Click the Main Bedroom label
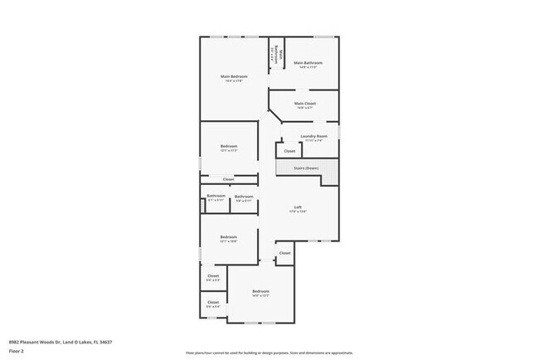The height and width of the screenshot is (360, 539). (x=231, y=76)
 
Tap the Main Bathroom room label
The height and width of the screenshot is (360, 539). (x=308, y=63)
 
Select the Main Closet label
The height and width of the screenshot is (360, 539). (x=304, y=104)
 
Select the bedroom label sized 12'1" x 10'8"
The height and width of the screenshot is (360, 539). (x=229, y=237)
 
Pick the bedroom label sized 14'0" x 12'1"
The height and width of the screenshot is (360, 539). (x=260, y=291)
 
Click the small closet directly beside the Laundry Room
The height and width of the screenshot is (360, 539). (x=289, y=151)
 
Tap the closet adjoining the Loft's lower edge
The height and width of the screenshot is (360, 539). (x=284, y=253)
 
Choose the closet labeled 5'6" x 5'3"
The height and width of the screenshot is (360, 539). (x=213, y=275)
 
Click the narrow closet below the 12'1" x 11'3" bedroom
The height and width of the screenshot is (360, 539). (x=228, y=179)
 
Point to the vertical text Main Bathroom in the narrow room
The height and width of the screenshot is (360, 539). (x=281, y=57)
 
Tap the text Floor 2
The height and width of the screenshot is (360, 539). (x=17, y=351)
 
